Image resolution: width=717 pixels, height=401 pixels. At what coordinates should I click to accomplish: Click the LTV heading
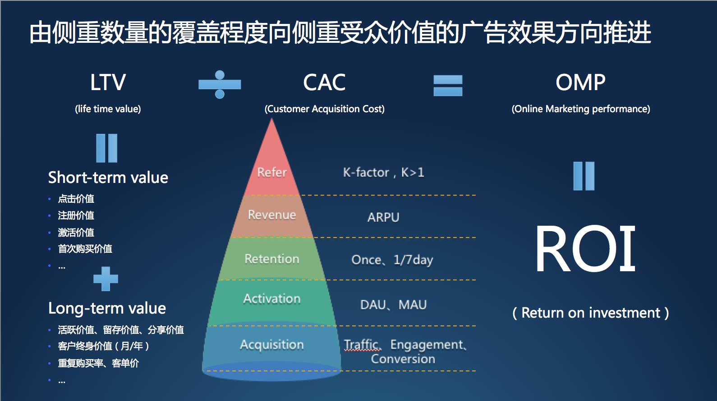108,82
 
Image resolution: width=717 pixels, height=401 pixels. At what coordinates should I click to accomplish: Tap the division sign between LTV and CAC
220,84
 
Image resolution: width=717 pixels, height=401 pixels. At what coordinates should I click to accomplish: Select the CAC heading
324,82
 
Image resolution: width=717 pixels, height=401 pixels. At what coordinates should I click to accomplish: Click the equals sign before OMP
448,85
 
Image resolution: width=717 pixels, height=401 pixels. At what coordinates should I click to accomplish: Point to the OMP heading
580,82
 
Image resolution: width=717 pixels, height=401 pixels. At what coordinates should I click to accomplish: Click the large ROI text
585,249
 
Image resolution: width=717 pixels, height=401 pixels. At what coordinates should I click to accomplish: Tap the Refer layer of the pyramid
271,172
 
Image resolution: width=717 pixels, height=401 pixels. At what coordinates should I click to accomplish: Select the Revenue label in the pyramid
272,214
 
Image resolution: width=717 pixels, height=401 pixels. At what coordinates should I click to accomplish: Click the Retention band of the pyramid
272,259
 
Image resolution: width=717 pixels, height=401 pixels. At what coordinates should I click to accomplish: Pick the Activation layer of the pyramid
272,298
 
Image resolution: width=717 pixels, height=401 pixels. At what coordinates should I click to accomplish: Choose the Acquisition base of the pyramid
272,345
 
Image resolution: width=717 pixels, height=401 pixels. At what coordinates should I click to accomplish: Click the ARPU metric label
383,217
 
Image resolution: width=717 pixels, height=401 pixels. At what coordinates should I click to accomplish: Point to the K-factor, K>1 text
383,172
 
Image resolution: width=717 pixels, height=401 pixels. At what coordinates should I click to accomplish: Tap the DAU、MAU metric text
393,305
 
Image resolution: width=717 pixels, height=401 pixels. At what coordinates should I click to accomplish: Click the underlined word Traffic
362,345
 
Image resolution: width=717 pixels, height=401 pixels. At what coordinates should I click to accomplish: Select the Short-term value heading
108,178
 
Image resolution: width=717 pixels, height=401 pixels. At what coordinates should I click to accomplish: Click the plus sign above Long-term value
106,279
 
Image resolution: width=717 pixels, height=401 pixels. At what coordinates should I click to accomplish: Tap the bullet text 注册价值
76,215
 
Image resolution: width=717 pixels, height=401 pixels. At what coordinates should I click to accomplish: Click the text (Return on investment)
590,313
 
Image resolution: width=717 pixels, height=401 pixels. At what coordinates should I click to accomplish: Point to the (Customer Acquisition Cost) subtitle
324,109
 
